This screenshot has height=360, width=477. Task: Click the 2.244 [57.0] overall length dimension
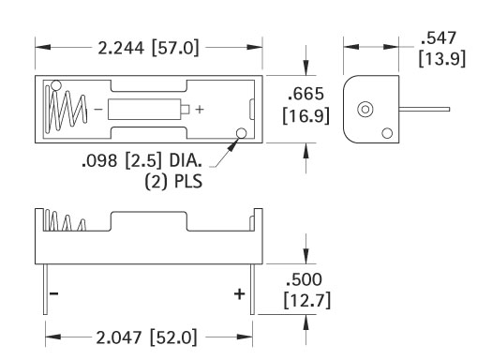[148, 48]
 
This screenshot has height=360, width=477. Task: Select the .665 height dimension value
[306, 94]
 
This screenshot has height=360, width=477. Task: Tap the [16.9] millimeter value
[306, 115]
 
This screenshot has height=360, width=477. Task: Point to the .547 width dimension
[439, 37]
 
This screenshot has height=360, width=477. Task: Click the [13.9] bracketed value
[442, 58]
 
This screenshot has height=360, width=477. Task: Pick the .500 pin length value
[304, 279]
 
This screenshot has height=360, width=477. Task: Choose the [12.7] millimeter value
[306, 301]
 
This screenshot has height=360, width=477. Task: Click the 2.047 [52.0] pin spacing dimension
[146, 337]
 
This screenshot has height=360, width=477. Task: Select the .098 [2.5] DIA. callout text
[142, 160]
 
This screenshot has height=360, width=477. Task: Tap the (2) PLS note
[173, 182]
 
